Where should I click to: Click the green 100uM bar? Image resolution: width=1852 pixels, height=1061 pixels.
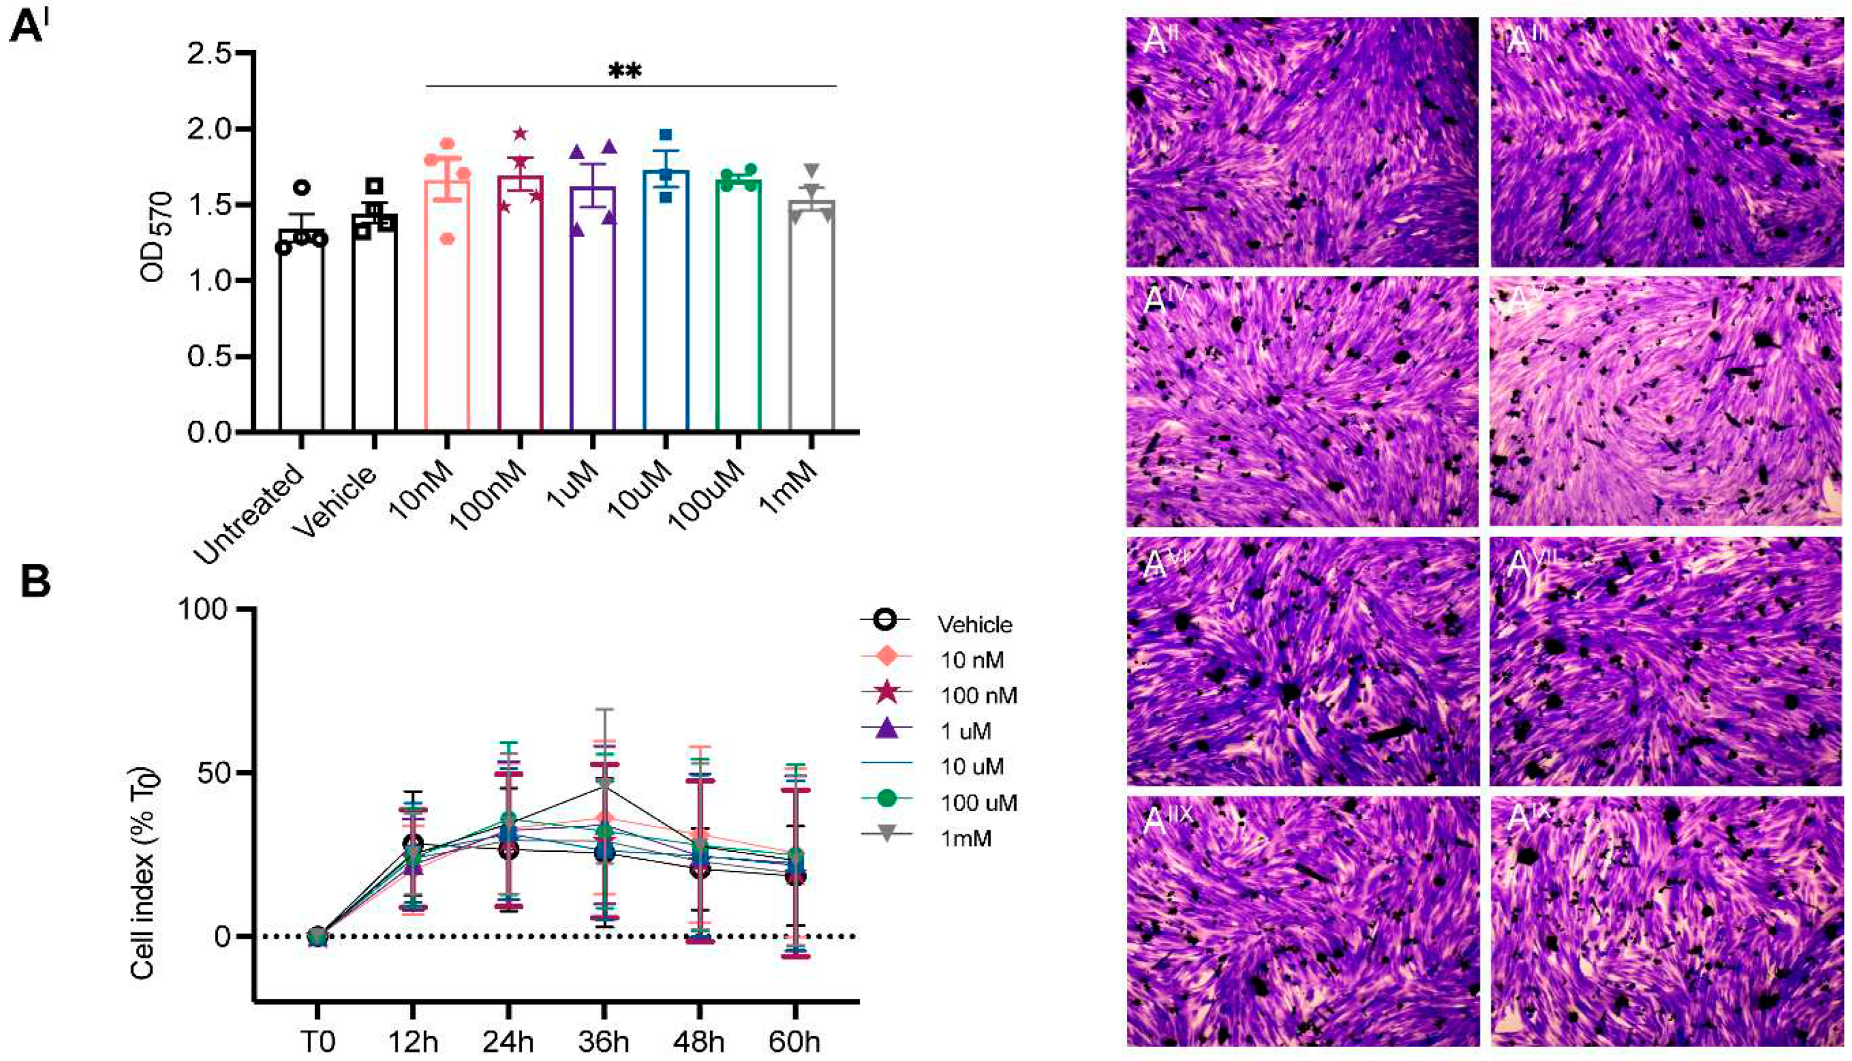click(738, 306)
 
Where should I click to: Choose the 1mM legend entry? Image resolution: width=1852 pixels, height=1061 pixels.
click(965, 839)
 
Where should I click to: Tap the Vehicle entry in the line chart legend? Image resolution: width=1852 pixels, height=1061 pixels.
click(975, 625)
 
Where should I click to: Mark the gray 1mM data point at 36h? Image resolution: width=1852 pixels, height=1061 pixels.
click(605, 783)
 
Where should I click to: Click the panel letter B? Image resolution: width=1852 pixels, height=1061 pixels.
click(35, 583)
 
